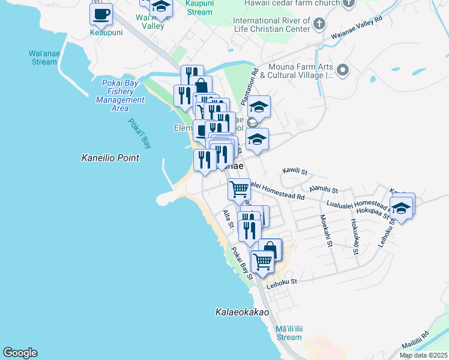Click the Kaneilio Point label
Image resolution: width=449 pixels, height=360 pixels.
[x=110, y=158]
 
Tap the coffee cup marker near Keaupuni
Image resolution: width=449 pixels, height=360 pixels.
[x=101, y=13]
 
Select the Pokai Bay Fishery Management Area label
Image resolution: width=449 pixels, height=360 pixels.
[x=120, y=95]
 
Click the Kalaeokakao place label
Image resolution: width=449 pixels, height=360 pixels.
[x=242, y=313]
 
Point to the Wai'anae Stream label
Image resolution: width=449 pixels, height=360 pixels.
[x=43, y=57]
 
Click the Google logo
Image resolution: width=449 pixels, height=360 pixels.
[x=20, y=353]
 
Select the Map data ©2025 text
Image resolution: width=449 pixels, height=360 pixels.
[x=423, y=355]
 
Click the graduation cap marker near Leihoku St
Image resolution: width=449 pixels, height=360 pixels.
[x=400, y=208]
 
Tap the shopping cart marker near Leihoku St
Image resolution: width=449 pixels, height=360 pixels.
[x=262, y=261]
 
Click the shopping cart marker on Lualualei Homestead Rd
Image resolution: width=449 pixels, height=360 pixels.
[x=239, y=189]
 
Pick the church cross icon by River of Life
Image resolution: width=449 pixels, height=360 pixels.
[x=319, y=24]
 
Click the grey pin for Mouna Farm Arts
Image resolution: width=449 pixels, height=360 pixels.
[x=343, y=71]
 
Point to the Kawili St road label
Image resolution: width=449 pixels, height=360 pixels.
[x=295, y=172]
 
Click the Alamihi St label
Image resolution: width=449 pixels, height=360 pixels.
[x=323, y=190]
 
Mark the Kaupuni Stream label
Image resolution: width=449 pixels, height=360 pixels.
[x=199, y=8]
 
